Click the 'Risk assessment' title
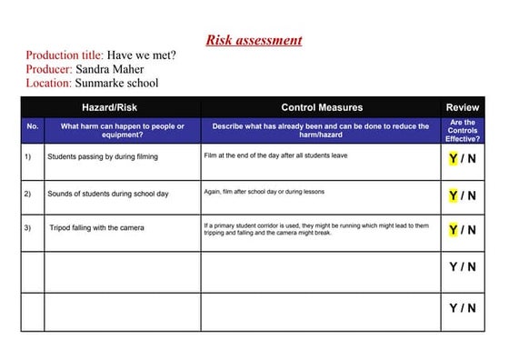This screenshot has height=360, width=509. (x=254, y=40)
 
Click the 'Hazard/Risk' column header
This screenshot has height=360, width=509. (x=110, y=107)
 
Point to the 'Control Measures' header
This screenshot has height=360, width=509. (x=321, y=107)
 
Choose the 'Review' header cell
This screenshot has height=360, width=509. (x=462, y=107)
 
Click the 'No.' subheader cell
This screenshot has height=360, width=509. (x=33, y=126)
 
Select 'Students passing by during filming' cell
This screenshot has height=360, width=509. (x=103, y=157)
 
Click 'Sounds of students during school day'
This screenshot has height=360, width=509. (x=108, y=195)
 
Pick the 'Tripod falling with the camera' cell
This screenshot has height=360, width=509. (x=96, y=228)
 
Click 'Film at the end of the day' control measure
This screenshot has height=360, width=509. (x=275, y=155)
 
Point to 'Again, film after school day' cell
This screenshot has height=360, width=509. (x=264, y=192)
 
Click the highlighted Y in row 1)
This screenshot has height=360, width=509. (x=453, y=159)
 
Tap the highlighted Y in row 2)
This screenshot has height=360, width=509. (x=453, y=195)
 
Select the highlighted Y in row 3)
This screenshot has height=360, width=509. (x=453, y=230)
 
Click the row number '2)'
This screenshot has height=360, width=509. (x=28, y=195)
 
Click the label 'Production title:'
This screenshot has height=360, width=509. (x=64, y=55)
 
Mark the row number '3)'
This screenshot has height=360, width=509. (x=28, y=228)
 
